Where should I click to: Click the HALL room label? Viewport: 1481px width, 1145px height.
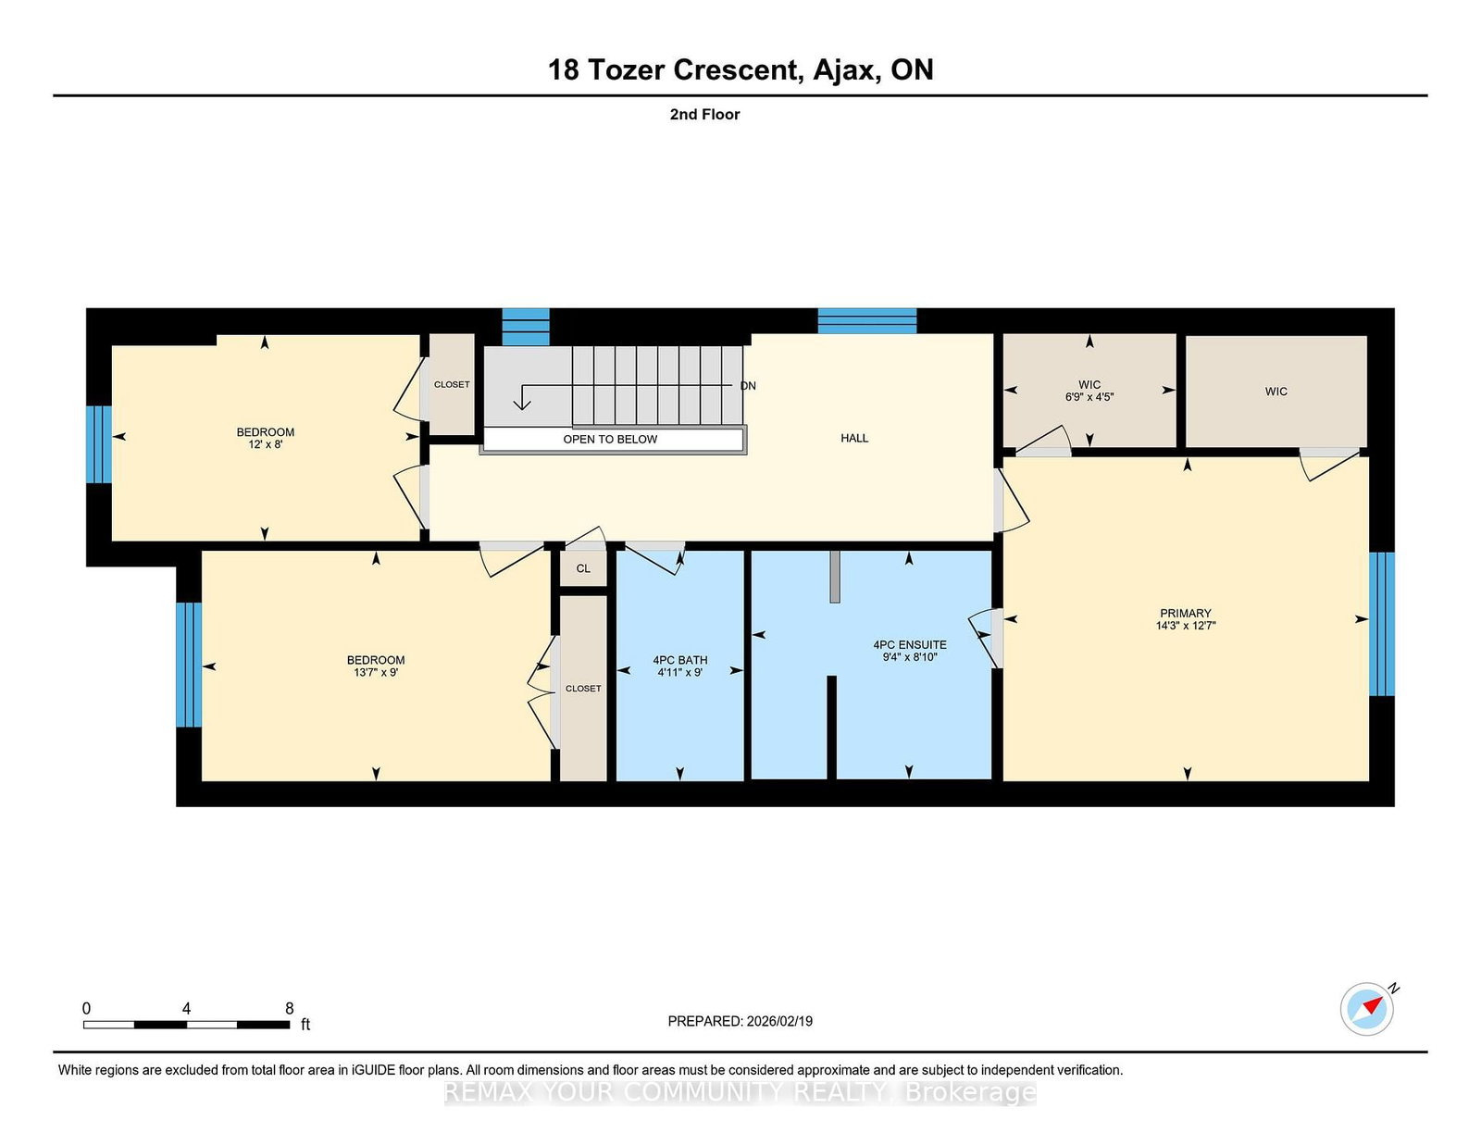[x=854, y=438]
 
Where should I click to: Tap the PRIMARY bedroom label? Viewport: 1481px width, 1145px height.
[x=1185, y=613]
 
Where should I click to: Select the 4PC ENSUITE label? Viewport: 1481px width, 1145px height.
[x=909, y=645]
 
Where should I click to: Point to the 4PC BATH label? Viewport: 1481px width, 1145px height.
[x=679, y=660]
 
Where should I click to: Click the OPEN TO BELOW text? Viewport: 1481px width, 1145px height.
[x=610, y=440]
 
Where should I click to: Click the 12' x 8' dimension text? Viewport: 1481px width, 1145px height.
[x=265, y=444]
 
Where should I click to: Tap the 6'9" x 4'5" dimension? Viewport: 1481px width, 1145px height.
[x=1089, y=397]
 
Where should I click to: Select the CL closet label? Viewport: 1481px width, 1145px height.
[x=583, y=568]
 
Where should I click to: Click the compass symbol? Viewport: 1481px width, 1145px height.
[x=1366, y=1009]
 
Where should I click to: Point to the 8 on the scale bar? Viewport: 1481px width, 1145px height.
[x=289, y=1008]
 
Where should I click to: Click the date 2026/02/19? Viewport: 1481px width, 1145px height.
[x=779, y=1021]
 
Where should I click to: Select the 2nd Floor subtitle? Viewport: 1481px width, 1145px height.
[x=704, y=115]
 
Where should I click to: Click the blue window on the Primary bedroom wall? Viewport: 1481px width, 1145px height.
[x=1382, y=624]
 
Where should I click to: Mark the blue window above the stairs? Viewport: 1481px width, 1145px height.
[x=526, y=327]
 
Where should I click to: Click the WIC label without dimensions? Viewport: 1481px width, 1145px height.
[x=1276, y=392]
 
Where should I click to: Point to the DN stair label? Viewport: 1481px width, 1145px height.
[x=748, y=386]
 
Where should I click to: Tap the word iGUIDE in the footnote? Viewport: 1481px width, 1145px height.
[x=374, y=1070]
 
